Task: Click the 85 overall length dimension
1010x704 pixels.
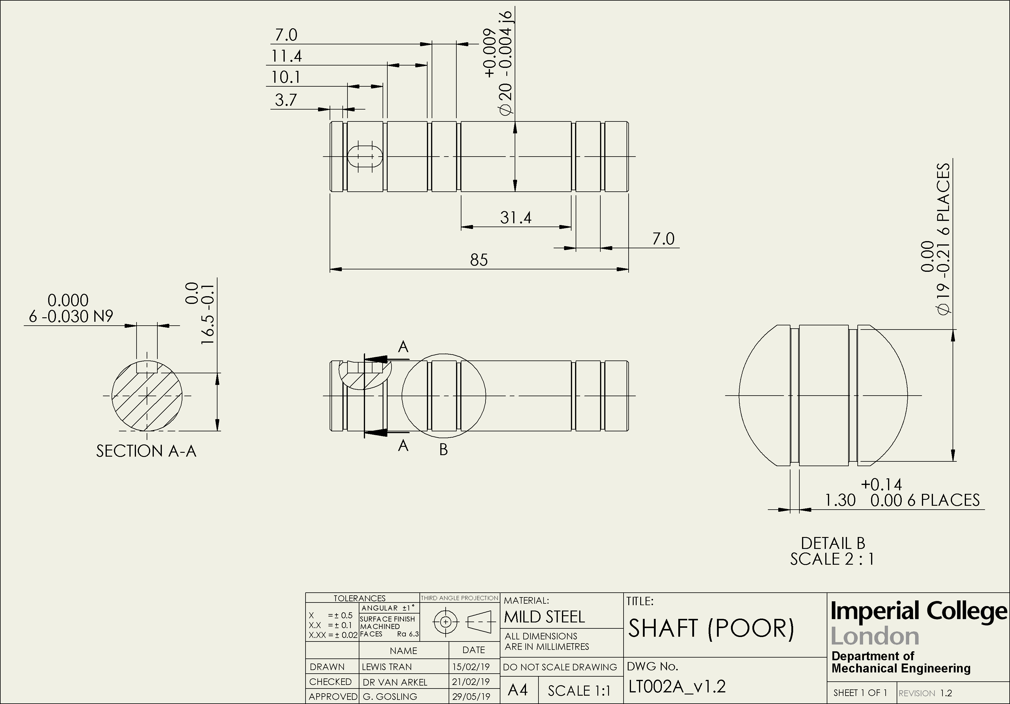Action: click(x=479, y=260)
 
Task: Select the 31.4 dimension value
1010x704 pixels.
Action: click(x=516, y=218)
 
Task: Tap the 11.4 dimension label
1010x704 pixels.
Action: click(x=286, y=56)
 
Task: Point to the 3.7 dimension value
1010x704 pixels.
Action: click(x=286, y=100)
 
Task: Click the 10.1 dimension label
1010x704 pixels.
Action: click(x=286, y=77)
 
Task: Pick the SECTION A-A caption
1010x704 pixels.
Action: click(x=146, y=451)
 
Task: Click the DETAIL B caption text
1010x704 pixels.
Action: click(x=832, y=543)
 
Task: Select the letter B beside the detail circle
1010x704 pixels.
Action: click(x=443, y=449)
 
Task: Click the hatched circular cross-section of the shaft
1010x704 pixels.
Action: click(x=147, y=396)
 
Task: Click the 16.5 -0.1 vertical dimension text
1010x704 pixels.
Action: click(x=208, y=315)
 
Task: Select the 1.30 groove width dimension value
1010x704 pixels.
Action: click(x=840, y=500)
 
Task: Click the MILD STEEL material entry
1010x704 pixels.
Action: click(x=544, y=617)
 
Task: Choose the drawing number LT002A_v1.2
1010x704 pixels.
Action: click(x=677, y=686)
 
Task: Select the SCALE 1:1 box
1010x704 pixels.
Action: click(x=579, y=691)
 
